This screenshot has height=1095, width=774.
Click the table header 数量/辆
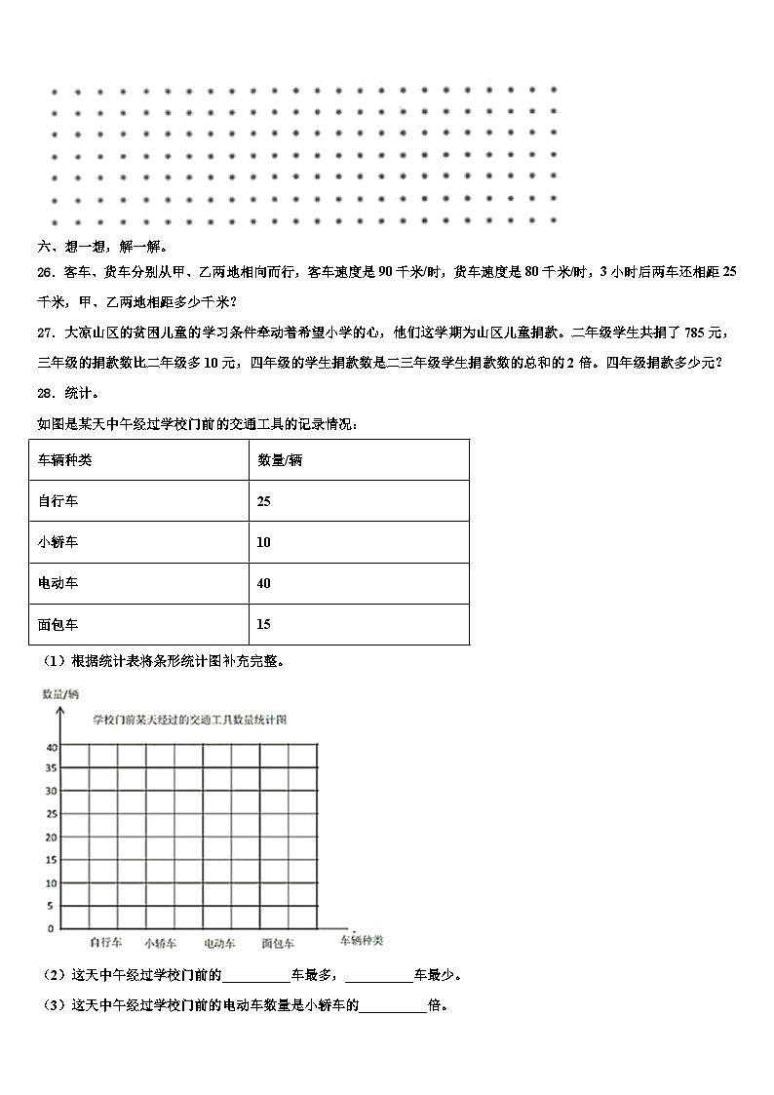(x=280, y=459)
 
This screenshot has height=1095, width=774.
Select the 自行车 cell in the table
(x=58, y=500)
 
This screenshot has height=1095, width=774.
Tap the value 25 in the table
(x=264, y=500)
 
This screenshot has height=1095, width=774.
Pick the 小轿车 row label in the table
(x=58, y=542)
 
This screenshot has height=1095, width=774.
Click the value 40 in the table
(x=264, y=583)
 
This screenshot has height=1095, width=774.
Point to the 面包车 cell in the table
(x=58, y=624)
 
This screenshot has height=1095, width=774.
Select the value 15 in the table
(x=264, y=624)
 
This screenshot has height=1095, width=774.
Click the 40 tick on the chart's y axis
(x=50, y=747)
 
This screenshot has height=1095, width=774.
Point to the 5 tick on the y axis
(x=50, y=906)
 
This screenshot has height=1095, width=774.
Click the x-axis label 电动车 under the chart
(x=219, y=943)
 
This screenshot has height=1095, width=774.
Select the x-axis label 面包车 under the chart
(x=278, y=943)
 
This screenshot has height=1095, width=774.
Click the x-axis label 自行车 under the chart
(x=105, y=943)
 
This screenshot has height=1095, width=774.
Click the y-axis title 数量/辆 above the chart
(x=59, y=693)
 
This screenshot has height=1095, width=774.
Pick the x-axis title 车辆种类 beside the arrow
(x=361, y=941)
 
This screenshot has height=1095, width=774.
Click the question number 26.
(x=45, y=272)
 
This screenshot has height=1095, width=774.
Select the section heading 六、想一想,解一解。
(x=102, y=247)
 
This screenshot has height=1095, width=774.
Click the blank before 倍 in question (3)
(x=393, y=1006)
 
